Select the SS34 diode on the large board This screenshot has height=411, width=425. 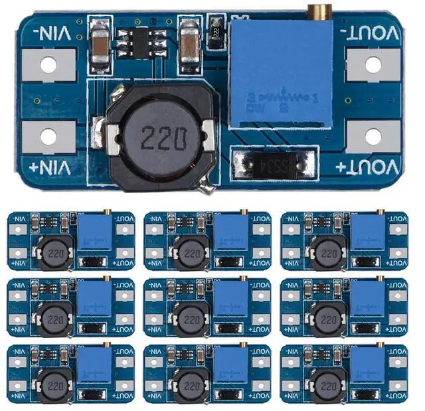pyautogui.click(x=273, y=163)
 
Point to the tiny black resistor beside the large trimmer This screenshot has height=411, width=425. pyautogui.click(x=216, y=29)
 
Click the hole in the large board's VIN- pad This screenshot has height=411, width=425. pyautogui.click(x=49, y=65)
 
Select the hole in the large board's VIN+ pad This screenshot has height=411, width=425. pyautogui.click(x=49, y=137)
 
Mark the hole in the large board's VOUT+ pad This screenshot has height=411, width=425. pyautogui.click(x=374, y=137)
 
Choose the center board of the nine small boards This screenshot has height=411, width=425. pyautogui.click(x=207, y=307)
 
